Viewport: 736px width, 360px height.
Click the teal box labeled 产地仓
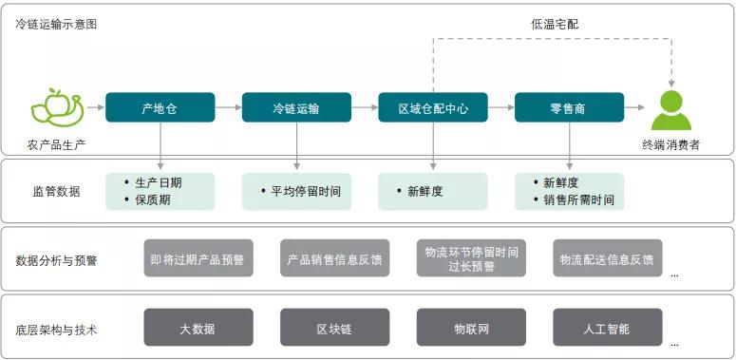coord(160,108)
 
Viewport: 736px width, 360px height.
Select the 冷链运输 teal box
coord(295,108)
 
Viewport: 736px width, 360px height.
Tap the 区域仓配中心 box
coord(432,108)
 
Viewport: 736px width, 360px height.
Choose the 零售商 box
coord(568,108)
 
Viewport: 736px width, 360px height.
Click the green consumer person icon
coord(671,110)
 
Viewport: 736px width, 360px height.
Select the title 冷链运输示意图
coord(56,24)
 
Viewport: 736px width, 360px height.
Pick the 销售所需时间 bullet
coord(578,200)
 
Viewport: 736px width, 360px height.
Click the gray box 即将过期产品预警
coord(198,258)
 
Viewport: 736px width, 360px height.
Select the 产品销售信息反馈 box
coord(334,258)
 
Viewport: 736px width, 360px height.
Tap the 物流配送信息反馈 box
coord(607,258)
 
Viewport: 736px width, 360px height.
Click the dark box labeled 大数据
coord(198,329)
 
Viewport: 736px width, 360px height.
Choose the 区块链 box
coord(334,329)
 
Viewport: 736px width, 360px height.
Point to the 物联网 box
coord(471,329)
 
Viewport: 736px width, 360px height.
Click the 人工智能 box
coord(607,329)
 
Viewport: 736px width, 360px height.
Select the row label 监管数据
coord(56,191)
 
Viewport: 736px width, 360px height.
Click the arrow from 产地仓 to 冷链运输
coord(228,108)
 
